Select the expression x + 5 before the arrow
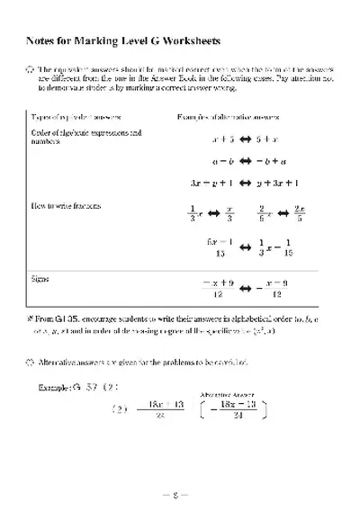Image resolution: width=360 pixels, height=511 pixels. (x=223, y=139)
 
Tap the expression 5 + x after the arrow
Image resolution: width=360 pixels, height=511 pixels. (x=267, y=139)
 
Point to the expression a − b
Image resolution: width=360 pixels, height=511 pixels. (x=223, y=161)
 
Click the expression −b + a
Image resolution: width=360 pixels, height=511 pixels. (x=269, y=161)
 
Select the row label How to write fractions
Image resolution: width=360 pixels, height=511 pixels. (x=66, y=206)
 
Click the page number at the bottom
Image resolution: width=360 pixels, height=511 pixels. (x=180, y=494)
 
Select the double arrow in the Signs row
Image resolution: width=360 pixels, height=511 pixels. (x=246, y=288)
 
